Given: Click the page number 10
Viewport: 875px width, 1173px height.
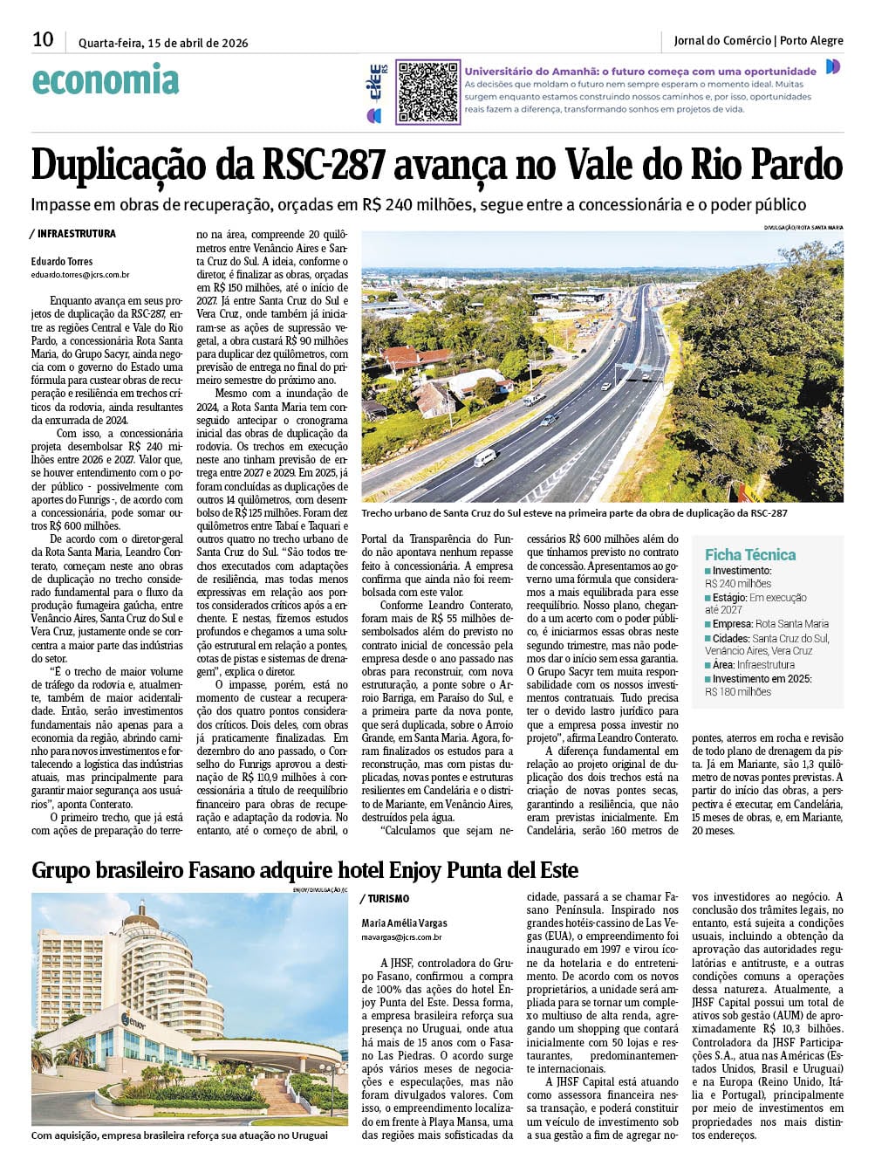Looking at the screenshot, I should coord(43,39).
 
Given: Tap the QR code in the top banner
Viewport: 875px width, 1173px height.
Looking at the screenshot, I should coord(427,92).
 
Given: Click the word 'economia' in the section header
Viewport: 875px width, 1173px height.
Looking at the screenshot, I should coord(106,81).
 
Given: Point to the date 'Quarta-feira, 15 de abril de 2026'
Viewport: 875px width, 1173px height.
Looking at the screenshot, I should coord(163,42).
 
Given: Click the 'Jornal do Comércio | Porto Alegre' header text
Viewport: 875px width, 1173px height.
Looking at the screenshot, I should coord(758,40).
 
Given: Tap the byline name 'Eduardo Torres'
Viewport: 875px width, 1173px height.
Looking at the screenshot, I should coord(62,261).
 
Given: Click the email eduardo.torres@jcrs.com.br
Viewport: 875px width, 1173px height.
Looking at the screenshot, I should coord(80,274).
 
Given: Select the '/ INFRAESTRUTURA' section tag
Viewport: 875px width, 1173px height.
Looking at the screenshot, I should coord(72,234).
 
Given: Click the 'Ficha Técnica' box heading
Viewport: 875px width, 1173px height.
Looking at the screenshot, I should coord(750,554).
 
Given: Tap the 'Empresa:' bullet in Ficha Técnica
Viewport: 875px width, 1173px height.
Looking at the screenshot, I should coord(732,623).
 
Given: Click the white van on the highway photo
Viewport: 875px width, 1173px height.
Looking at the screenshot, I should coord(486,458).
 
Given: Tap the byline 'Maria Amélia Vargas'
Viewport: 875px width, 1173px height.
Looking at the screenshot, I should coord(405,923).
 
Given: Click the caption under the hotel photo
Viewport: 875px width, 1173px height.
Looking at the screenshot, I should coord(180,1135).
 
